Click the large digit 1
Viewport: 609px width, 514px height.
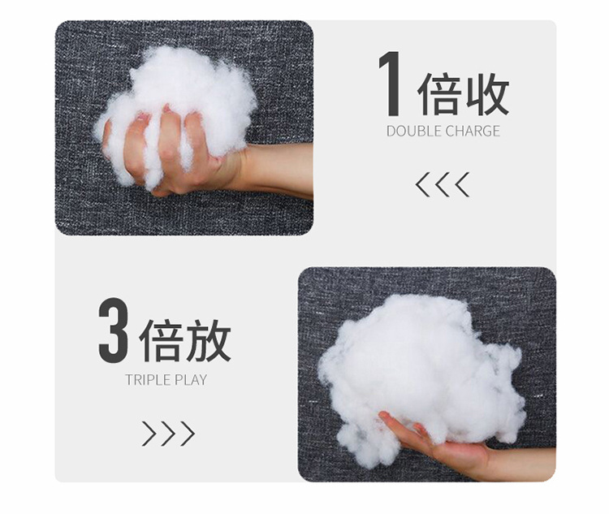[390, 84]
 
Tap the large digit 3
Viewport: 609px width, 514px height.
[114, 330]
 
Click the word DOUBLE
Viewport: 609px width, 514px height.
[414, 131]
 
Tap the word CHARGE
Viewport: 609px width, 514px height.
[472, 131]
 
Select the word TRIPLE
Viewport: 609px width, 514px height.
[148, 379]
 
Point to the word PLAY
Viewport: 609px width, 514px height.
[191, 379]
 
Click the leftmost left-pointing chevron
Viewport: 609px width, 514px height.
[422, 185]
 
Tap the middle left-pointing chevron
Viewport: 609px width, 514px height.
[443, 185]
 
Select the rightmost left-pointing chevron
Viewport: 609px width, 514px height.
[463, 185]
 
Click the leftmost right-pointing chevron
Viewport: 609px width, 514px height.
[149, 434]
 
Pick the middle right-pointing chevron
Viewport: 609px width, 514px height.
[168, 434]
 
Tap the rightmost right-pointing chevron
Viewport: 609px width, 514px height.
[188, 434]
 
